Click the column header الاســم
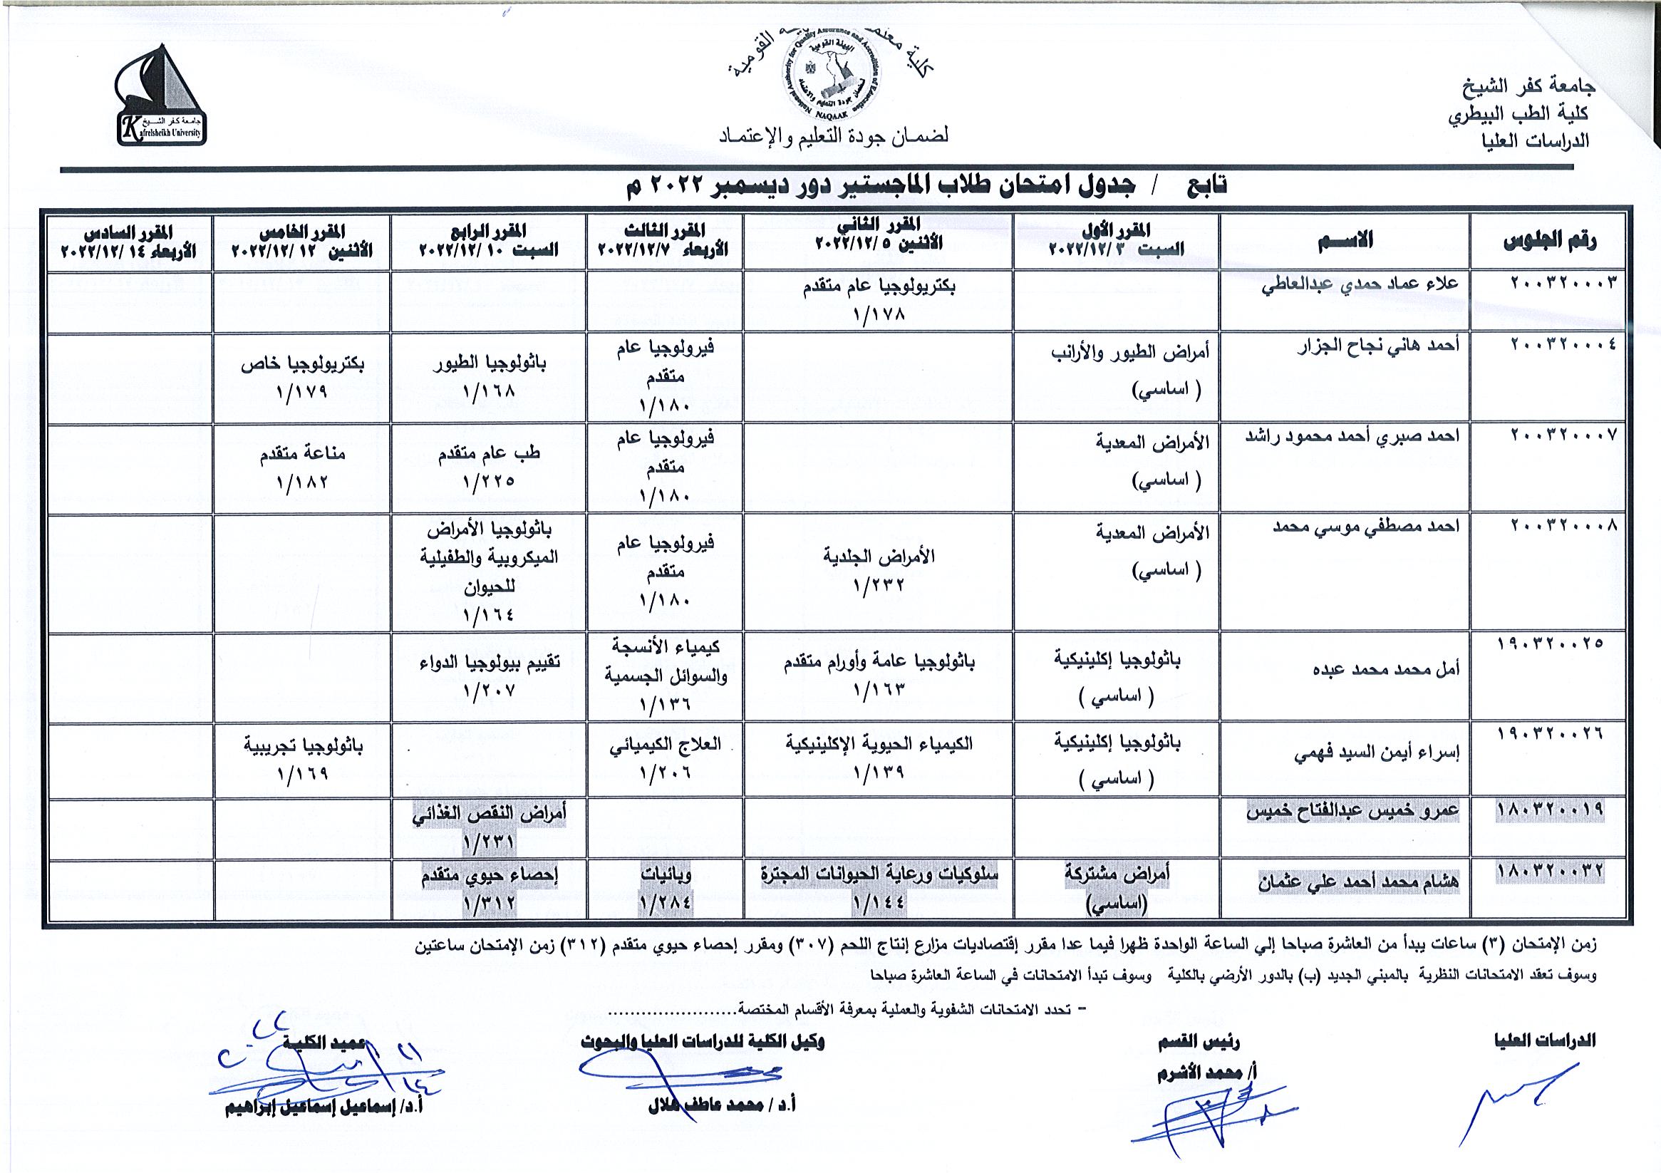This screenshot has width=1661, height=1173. coord(1345,240)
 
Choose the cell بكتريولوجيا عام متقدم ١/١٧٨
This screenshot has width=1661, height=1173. coord(879,300)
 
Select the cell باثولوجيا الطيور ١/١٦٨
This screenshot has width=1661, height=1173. coord(489,376)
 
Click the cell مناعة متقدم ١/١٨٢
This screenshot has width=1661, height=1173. coord(302,467)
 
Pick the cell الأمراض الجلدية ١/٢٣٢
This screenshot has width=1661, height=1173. coord(879,570)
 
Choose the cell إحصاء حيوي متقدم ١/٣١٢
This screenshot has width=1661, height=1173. coord(489,889)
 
